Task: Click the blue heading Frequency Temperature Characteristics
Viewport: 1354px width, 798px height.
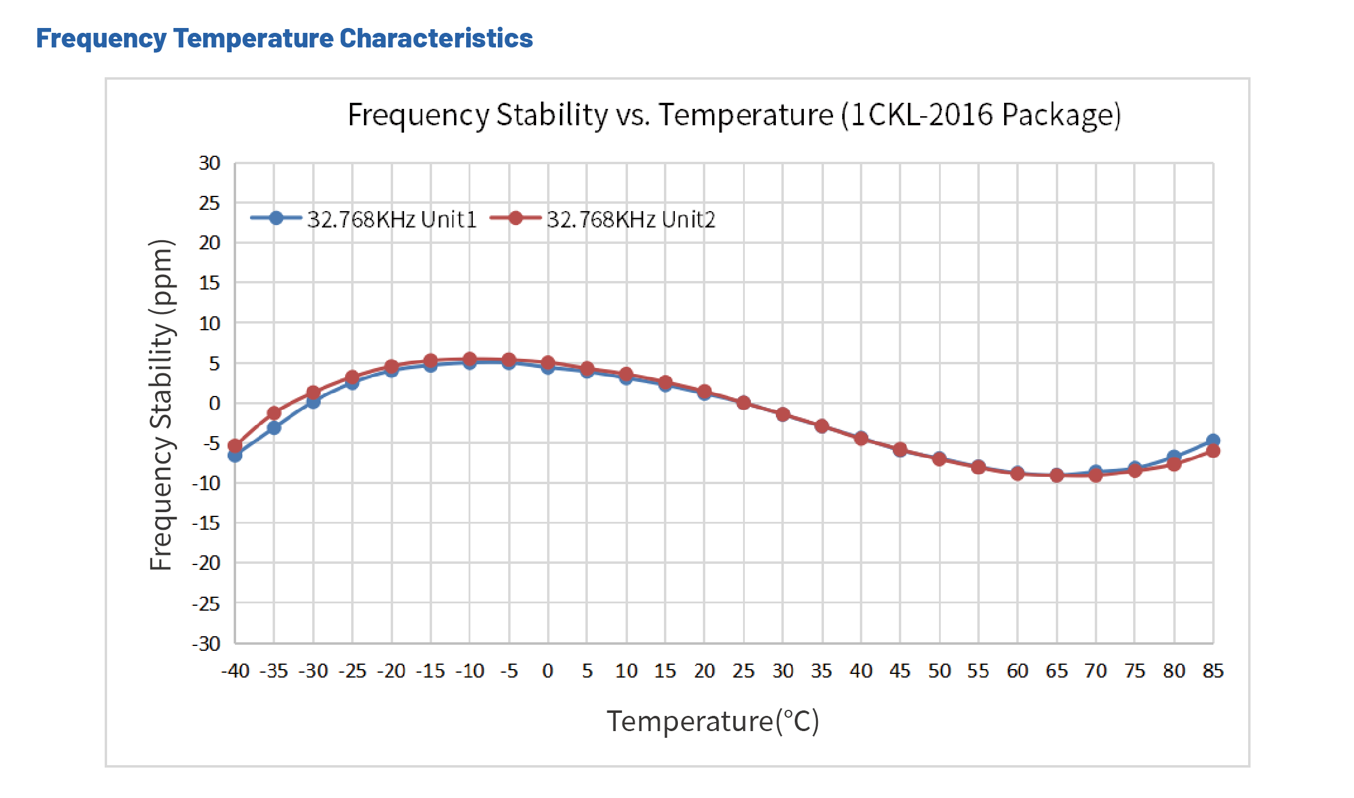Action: [x=284, y=38]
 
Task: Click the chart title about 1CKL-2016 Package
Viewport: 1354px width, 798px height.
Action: [x=733, y=115]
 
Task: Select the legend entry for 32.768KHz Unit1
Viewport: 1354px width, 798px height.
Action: [x=364, y=219]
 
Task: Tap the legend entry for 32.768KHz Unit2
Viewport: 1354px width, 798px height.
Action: [x=603, y=219]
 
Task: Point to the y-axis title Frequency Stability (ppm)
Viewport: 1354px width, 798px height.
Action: [x=162, y=404]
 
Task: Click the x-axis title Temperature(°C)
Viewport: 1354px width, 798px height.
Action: [x=713, y=721]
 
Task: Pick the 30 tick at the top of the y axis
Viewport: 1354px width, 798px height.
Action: [x=209, y=163]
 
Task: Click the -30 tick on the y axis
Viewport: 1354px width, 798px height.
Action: [x=206, y=644]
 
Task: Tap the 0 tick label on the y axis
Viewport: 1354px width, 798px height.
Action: [x=214, y=403]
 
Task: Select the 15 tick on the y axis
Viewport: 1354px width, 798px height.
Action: [x=209, y=283]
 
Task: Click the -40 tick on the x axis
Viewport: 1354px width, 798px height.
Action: [x=235, y=671]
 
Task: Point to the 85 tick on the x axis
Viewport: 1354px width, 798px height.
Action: [x=1213, y=671]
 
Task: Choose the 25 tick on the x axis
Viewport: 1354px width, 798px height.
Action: [x=743, y=671]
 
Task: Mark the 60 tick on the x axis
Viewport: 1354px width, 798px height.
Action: [x=1017, y=671]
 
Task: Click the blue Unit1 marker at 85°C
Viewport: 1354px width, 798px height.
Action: [x=1213, y=440]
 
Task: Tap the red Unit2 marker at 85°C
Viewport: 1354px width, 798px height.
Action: [x=1213, y=451]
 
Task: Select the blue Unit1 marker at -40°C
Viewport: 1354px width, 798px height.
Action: [x=235, y=456]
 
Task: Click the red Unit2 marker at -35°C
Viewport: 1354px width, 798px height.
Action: [x=274, y=413]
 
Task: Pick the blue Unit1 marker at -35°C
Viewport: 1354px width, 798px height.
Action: [x=274, y=428]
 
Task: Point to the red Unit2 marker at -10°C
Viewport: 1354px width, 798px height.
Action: [x=469, y=359]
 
